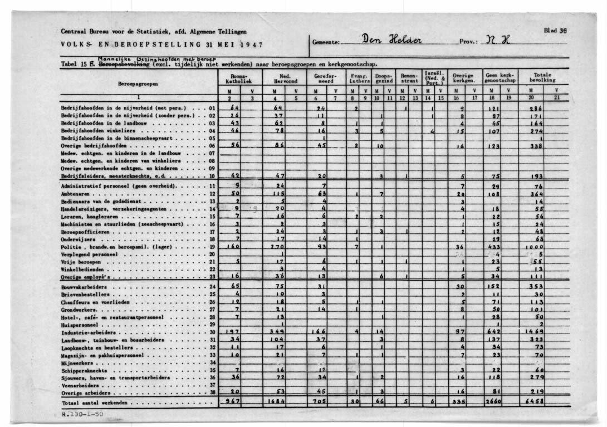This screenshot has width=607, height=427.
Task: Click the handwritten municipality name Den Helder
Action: [393, 41]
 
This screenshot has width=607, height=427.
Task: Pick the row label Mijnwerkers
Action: [76, 362]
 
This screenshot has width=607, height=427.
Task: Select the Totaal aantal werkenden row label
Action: [95, 401]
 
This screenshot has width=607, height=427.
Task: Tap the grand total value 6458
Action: [536, 401]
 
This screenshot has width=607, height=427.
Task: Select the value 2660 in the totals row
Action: [493, 401]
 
